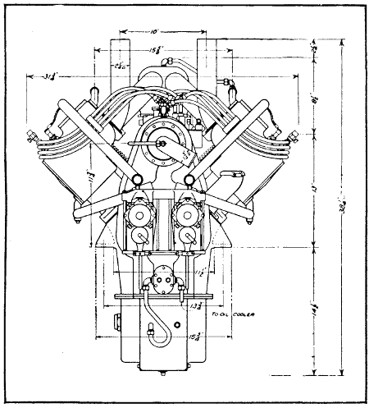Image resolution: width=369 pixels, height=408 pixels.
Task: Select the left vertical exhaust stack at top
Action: pyautogui.click(x=120, y=57)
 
